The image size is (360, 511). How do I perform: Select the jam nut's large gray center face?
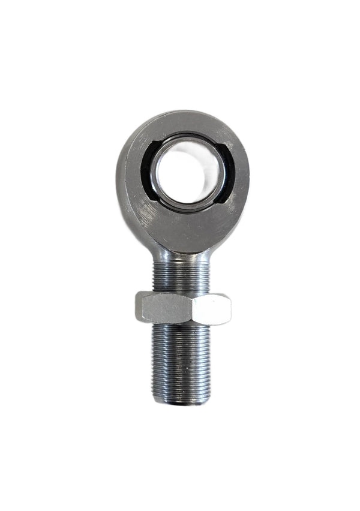click(x=169, y=309)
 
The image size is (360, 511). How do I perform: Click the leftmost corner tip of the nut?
click(x=136, y=306)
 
